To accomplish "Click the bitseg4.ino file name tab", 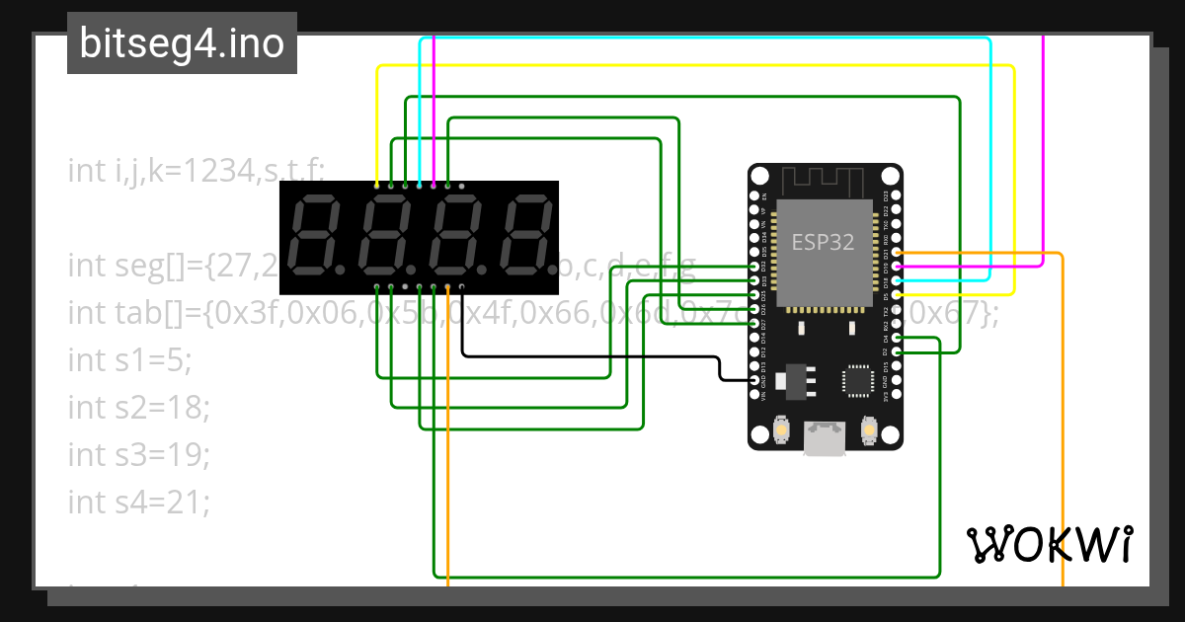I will click(182, 43).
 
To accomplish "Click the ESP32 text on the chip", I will click(823, 241).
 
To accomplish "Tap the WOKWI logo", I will click(1048, 545).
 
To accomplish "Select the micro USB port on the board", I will click(825, 438).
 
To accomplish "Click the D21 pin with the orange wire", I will click(897, 253).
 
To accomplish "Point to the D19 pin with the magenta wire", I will click(897, 267).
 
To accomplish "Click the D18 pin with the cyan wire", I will click(897, 280).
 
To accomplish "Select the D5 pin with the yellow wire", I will click(897, 294).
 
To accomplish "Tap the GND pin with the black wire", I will click(754, 380).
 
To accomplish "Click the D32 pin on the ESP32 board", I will click(754, 267).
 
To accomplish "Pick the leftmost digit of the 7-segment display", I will click(314, 237).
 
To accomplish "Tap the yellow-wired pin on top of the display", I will click(377, 185).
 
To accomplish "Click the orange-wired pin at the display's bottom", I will click(448, 287).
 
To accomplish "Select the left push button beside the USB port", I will click(781, 430).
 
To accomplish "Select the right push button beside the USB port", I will click(869, 430).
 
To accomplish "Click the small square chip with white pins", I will click(855, 381).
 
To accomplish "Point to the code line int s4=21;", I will click(139, 502).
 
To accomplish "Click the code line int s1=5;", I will click(129, 359).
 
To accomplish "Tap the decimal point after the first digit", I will click(338, 269).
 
